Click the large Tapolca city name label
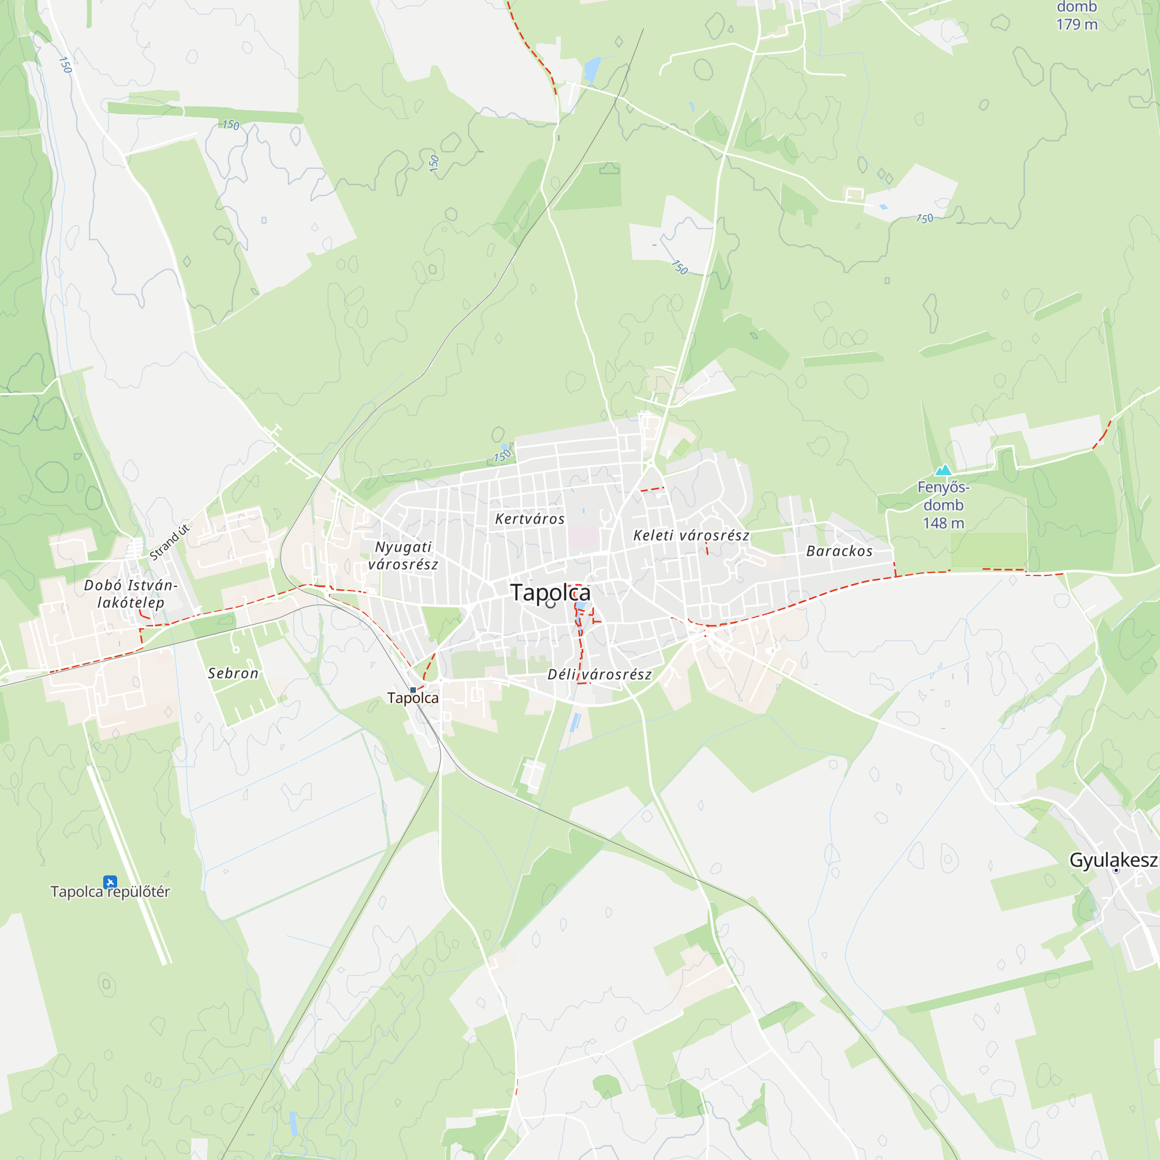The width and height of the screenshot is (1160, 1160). (x=550, y=593)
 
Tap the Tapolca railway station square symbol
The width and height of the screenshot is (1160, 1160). (x=413, y=690)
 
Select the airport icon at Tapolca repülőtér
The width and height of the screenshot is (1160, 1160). (x=110, y=882)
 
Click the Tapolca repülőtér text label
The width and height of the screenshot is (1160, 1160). (x=110, y=892)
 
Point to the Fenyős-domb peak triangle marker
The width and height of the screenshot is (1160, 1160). (x=943, y=470)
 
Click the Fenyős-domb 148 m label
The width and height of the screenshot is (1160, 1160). (x=943, y=505)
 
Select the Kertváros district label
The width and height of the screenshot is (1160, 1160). (x=530, y=519)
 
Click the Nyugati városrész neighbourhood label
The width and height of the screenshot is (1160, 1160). (x=403, y=556)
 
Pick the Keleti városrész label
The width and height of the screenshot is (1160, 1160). (x=691, y=535)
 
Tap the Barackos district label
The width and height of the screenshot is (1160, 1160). (x=839, y=551)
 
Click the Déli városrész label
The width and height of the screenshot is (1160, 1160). (x=599, y=675)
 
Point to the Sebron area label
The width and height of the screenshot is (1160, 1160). (x=233, y=673)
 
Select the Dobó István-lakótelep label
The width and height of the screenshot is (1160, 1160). (x=130, y=594)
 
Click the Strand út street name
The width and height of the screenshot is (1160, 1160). (x=169, y=542)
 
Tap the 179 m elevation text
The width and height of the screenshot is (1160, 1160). (x=1076, y=24)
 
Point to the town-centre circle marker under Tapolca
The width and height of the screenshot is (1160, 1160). (x=550, y=604)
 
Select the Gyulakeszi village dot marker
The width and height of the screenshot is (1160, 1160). (x=1116, y=870)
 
